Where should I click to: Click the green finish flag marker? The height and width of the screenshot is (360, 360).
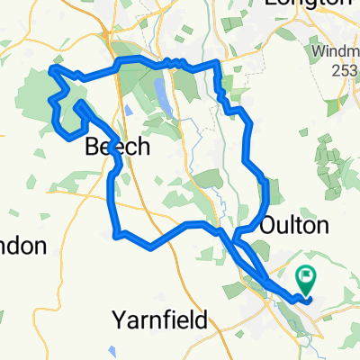[x=307, y=277]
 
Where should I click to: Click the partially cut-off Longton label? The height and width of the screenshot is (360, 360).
[x=309, y=4]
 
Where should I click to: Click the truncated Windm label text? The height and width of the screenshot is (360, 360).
[x=337, y=54]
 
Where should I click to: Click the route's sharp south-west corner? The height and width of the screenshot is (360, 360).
[x=115, y=235]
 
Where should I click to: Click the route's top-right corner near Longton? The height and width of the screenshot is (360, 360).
[x=217, y=64]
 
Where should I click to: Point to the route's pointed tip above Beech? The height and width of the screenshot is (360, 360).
[x=80, y=106]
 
